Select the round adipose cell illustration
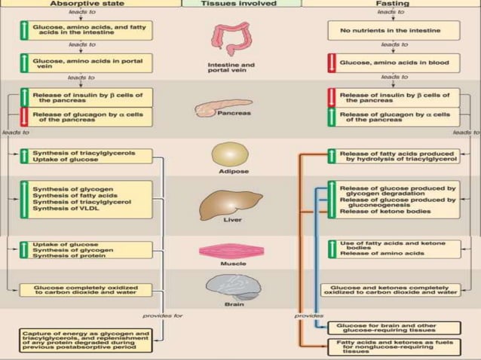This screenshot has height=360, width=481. tap(228, 154)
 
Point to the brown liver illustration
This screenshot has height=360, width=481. tap(225, 203)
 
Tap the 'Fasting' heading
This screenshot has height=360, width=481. tap(390, 4)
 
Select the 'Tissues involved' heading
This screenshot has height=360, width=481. tap(240, 4)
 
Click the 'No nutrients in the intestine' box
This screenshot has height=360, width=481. tap(390, 30)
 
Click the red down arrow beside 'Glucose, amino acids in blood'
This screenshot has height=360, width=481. tap(332, 64)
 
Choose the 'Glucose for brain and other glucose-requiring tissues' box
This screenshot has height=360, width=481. tap(393, 328)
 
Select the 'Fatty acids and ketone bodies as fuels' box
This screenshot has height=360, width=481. tap(393, 347)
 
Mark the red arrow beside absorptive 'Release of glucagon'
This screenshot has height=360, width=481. tap(25, 117)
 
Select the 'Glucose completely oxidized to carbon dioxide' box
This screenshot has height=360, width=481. tap(84, 290)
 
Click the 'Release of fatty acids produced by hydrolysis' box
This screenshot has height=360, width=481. tap(390, 157)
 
